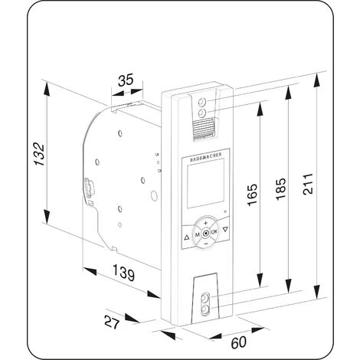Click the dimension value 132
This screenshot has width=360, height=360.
pos(40,154)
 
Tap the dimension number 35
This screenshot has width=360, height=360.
pos(126,80)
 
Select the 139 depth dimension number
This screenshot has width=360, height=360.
pos(123,273)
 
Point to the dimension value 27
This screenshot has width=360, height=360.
pos(112,322)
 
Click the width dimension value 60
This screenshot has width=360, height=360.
pos(239,342)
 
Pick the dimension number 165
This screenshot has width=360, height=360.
pos(252,195)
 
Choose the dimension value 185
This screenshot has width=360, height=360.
pos(281,188)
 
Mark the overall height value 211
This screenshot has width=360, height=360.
pos(308,184)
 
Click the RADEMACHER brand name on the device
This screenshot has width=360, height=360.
pos(206,157)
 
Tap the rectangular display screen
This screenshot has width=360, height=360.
pos(206,183)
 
